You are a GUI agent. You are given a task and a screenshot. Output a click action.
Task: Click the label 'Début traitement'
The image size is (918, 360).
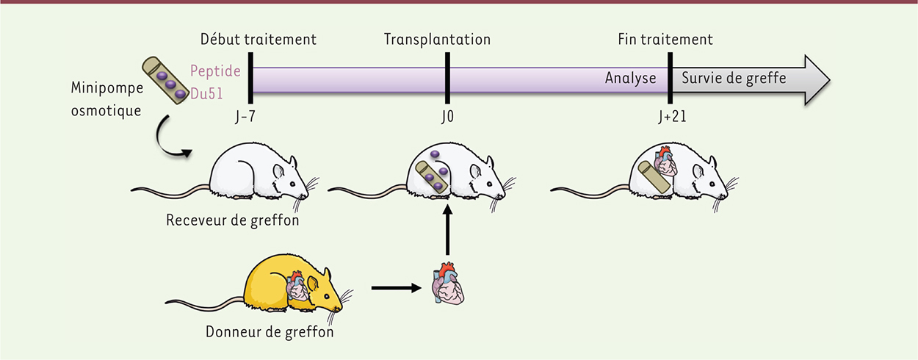(x=259, y=40)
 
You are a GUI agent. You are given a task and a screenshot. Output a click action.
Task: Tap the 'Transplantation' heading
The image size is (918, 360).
(x=437, y=40)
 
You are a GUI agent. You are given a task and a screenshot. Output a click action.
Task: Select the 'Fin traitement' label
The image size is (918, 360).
(x=665, y=40)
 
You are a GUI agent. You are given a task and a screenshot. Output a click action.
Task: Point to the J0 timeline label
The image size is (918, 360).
(x=447, y=116)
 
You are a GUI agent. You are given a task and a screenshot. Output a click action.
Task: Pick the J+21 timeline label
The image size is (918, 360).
(x=671, y=116)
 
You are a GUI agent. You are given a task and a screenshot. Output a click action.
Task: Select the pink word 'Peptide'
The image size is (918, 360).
(x=214, y=72)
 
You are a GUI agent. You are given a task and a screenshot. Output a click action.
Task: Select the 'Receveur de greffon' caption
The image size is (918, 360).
(x=232, y=220)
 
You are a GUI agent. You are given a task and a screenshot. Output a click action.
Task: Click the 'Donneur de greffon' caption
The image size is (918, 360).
(x=270, y=332)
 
